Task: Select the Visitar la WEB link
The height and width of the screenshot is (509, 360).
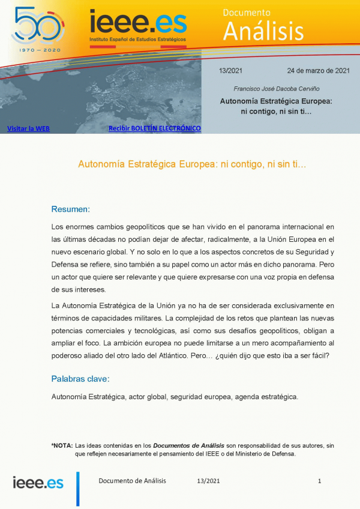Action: pos(28,128)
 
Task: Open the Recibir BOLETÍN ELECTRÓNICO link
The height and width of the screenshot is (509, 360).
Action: pos(154,128)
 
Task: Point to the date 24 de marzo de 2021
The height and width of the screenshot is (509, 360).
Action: pos(318,71)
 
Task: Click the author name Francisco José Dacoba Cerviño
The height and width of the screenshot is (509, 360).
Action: pos(275,89)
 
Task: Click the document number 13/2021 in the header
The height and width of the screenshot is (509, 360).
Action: pos(230,71)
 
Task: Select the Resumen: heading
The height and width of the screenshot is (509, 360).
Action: pos(71,209)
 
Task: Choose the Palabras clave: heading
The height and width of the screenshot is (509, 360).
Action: pos(80,379)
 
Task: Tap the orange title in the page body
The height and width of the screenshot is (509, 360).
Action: pos(193,163)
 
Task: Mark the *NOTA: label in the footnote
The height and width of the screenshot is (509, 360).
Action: pos(62,445)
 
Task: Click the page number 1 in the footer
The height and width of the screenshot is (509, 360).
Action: pos(320,481)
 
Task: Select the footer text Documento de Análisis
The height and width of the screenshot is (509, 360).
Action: pos(132,481)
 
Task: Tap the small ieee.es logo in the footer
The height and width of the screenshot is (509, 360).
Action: pos(38,482)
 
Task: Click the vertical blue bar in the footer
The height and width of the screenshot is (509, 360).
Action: pos(77,488)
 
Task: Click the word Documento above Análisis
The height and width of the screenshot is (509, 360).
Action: pos(247,12)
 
